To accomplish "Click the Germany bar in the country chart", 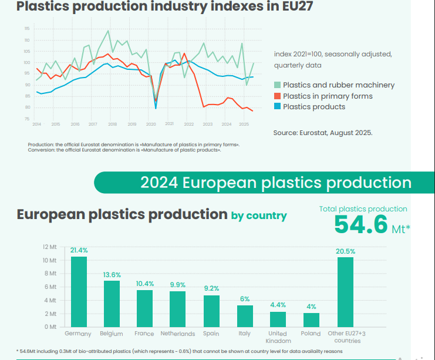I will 79,291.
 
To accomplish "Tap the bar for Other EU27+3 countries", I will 345,292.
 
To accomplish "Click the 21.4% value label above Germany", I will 79,250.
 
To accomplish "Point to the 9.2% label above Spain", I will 211,288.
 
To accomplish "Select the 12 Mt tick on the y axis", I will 49,247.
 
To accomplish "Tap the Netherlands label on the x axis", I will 178,334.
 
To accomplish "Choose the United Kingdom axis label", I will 278,337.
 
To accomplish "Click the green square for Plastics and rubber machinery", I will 278,85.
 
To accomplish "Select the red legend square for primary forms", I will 278,96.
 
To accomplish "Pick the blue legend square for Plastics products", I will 278,107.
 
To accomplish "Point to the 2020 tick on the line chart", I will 151,125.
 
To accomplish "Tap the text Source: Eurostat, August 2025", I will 323,133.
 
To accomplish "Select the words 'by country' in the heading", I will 259,216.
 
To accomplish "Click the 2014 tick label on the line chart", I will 36,125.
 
